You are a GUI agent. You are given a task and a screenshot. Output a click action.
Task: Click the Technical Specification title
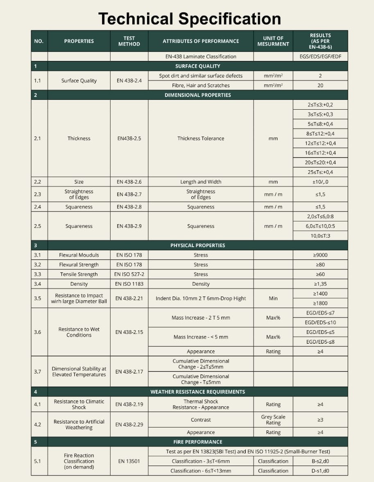point(189,19)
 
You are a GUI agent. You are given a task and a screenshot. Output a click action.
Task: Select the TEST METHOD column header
point(129,41)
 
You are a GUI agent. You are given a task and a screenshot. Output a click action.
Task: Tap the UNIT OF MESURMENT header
point(273,41)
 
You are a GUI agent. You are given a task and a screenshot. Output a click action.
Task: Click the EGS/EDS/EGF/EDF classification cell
point(320,56)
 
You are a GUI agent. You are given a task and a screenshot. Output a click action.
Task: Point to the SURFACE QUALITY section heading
point(197,66)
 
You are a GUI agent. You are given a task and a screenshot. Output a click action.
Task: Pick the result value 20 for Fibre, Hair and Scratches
point(320,86)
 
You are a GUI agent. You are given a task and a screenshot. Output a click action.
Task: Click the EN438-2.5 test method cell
point(129,138)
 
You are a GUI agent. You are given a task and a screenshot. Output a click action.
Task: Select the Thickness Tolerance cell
point(201,138)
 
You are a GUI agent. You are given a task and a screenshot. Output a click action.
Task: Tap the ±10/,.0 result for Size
point(320,182)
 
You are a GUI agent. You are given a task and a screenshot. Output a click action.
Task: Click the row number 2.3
point(38,194)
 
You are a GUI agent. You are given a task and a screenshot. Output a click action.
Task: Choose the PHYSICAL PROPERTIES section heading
point(197,246)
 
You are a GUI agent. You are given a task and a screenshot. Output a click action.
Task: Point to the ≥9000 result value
point(320,255)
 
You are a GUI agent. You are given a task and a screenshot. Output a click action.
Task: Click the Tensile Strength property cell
point(79,274)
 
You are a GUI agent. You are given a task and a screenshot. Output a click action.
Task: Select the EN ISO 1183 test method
point(129,284)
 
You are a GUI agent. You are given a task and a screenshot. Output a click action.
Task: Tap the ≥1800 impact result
point(320,303)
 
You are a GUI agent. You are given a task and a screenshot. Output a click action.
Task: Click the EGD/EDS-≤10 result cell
point(321,322)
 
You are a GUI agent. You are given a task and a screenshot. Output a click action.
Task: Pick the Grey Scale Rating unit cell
point(273,420)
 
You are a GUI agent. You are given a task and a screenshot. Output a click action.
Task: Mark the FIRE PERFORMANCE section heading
point(197,442)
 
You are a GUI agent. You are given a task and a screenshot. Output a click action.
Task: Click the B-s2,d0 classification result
point(320,461)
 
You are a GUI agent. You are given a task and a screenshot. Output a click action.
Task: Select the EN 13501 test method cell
point(129,461)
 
